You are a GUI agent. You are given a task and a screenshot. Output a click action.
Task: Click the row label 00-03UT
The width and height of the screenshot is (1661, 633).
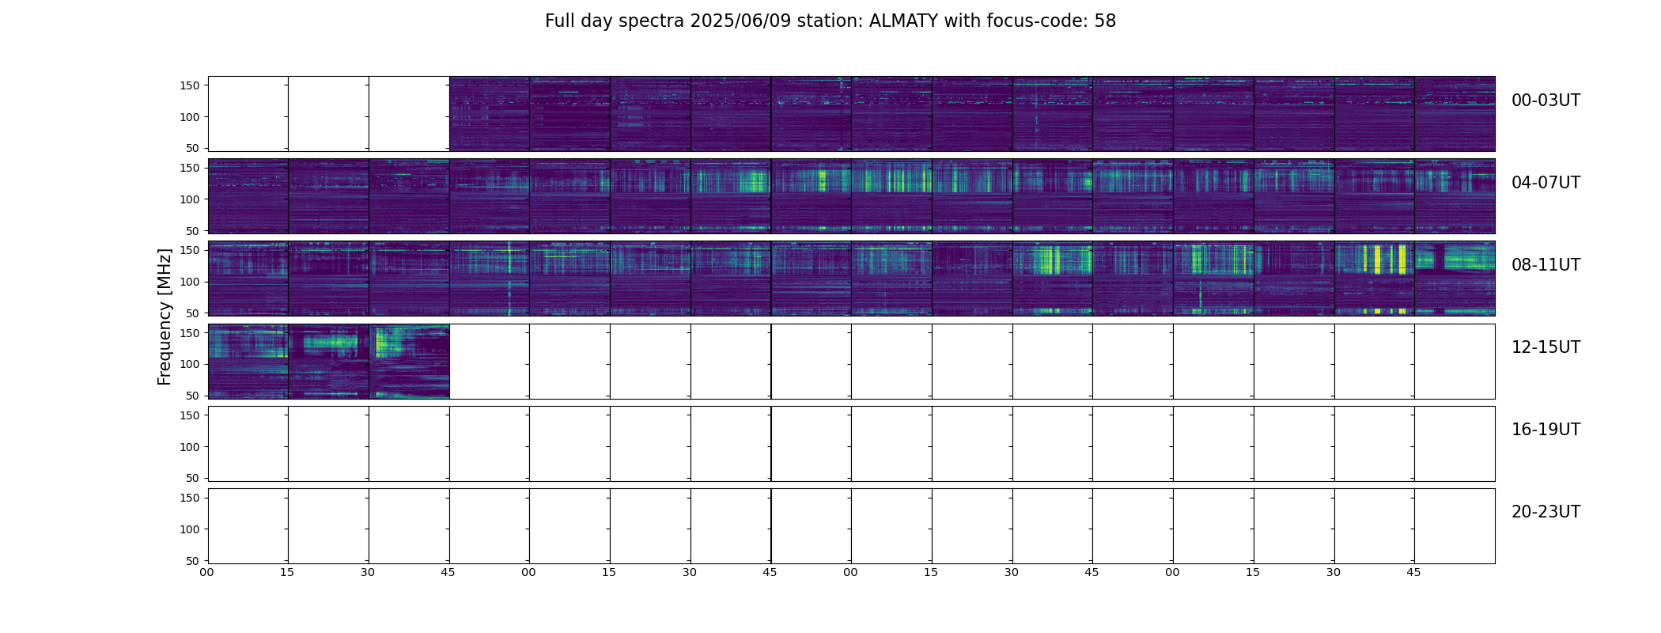pos(1546,100)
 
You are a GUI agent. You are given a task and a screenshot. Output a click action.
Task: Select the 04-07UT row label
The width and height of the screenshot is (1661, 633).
pos(1546,183)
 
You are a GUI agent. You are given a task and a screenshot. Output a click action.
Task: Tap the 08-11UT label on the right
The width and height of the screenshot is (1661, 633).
pos(1546,265)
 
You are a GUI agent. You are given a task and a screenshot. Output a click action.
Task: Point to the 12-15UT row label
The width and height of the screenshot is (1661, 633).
pos(1546,347)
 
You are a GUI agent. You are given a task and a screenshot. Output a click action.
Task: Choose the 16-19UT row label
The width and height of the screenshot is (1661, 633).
pos(1546,430)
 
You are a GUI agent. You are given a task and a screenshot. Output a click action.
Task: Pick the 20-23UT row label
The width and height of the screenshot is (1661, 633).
pos(1546,512)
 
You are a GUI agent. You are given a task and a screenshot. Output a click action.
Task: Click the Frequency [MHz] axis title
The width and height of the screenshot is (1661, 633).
pos(165,316)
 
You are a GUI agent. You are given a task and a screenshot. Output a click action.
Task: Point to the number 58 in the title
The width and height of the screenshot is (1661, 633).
pos(1105,21)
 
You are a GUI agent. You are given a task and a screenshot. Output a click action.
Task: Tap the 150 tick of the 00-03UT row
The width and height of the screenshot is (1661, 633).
pos(189,85)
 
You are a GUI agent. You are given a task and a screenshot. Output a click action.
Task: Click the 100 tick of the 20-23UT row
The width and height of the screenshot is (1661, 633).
pos(189,529)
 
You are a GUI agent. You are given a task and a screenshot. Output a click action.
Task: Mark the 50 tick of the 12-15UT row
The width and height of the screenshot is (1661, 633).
pos(193,396)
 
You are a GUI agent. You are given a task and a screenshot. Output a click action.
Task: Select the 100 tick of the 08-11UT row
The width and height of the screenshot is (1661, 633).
pos(189,282)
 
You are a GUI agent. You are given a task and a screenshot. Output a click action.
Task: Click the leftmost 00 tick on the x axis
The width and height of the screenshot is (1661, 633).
pos(207,572)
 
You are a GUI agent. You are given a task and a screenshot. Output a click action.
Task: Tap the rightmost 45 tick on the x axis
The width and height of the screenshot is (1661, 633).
pos(1414,572)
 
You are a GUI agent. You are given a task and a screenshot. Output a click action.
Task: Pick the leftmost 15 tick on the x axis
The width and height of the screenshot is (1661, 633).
pos(287,572)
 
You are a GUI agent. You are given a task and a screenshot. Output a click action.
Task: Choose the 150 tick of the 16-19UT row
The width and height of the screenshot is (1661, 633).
pos(189,415)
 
